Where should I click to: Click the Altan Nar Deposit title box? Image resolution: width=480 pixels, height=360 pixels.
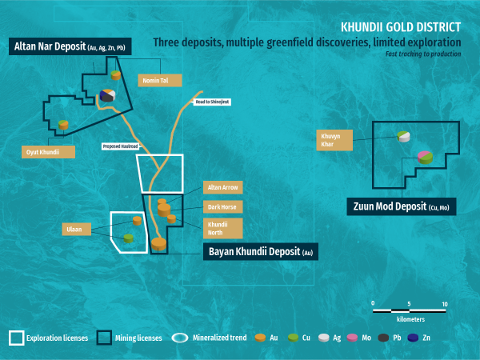pyautogui.click(x=71, y=47)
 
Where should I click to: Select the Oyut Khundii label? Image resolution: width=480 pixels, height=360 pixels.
pyautogui.click(x=49, y=151)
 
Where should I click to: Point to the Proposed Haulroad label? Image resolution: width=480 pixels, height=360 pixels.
pyautogui.click(x=119, y=146)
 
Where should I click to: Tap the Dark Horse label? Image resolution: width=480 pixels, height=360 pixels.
pyautogui.click(x=222, y=206)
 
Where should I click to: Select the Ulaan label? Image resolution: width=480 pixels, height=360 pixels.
pyautogui.click(x=73, y=230)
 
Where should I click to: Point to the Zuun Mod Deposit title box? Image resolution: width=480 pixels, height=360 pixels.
pyautogui.click(x=399, y=206)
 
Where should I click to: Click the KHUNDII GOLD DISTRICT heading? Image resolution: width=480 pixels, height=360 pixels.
pyautogui.click(x=401, y=26)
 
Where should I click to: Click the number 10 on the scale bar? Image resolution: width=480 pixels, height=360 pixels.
pyautogui.click(x=444, y=304)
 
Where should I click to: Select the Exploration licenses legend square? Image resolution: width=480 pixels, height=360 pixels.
pyautogui.click(x=16, y=338)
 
